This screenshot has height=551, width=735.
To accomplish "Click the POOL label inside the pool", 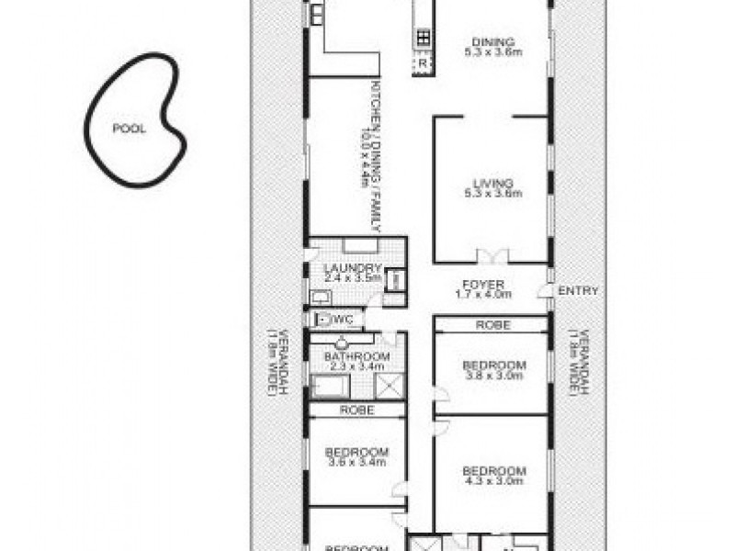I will [x=129, y=129].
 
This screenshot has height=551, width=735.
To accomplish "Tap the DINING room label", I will [x=493, y=41].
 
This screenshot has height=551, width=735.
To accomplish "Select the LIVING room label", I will [x=493, y=183].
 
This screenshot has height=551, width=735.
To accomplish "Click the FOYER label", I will [x=482, y=284].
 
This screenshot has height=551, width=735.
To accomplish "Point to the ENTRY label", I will [x=578, y=291].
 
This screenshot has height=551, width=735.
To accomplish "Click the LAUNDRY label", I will [x=352, y=268].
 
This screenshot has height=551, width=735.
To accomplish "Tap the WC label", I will [x=345, y=320].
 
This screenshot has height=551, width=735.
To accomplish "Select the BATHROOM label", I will [x=356, y=356].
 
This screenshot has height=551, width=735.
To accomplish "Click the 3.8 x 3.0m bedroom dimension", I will [x=493, y=376].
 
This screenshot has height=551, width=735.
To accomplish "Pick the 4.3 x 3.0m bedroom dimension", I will [x=493, y=479].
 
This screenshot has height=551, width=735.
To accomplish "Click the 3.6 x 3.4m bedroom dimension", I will [x=356, y=463].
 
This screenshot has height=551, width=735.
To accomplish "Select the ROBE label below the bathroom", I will [x=356, y=410].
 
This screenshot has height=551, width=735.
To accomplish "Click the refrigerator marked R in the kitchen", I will [x=423, y=64].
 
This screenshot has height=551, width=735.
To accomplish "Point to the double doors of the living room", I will [x=492, y=256].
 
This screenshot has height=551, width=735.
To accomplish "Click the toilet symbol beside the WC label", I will [x=321, y=320].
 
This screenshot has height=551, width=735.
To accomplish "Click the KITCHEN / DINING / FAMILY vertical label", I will [x=375, y=156].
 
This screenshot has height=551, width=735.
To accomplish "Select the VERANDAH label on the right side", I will [x=578, y=363].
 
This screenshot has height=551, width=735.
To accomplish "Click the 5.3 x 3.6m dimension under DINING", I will [x=493, y=52].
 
